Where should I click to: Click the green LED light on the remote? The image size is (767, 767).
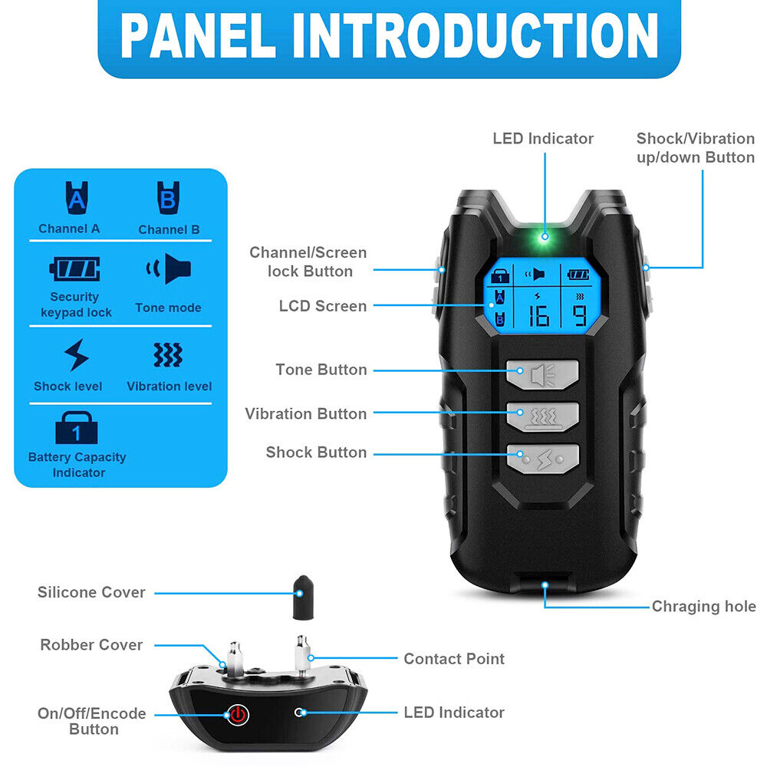click(x=545, y=237)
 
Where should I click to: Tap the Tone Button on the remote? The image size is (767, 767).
click(x=542, y=375)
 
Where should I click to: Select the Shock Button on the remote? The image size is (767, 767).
click(x=542, y=459)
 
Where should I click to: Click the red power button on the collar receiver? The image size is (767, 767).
click(x=237, y=715)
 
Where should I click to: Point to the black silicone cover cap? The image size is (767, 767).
click(x=303, y=597)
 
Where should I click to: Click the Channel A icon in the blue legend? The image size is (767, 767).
click(x=77, y=198)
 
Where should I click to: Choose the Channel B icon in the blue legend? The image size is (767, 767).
click(x=168, y=198)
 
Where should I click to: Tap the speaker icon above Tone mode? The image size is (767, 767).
click(x=169, y=268)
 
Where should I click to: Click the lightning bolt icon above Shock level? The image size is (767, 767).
click(x=76, y=355)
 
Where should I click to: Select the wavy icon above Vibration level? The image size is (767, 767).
click(x=168, y=354)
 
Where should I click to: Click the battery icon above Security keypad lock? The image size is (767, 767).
click(x=75, y=268)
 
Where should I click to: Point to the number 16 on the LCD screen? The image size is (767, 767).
click(x=538, y=316)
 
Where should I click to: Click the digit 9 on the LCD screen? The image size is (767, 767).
click(x=580, y=315)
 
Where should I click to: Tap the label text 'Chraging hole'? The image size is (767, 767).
click(x=704, y=607)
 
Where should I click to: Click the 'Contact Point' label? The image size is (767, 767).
click(x=454, y=659)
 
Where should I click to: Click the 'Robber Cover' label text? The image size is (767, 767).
click(x=91, y=645)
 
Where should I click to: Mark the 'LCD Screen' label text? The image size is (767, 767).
click(x=323, y=306)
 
